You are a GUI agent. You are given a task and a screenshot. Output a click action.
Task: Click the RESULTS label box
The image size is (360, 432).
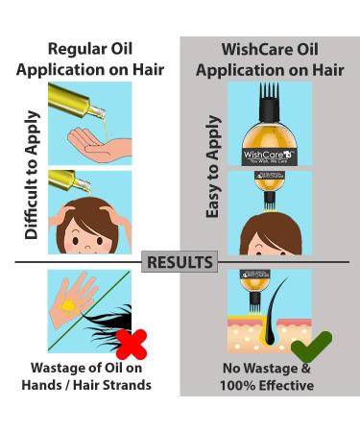[x=180, y=262]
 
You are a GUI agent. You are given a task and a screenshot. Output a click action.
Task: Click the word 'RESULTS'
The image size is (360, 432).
[x=180, y=262]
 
